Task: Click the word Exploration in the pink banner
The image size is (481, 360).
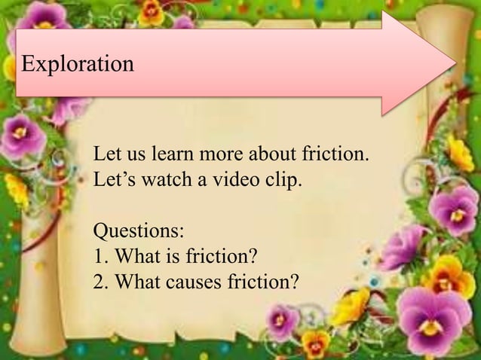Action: click(x=78, y=63)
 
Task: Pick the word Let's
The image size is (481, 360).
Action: click(x=112, y=181)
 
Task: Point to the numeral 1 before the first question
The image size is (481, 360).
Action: click(x=97, y=256)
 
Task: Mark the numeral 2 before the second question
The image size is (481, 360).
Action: click(x=98, y=282)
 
